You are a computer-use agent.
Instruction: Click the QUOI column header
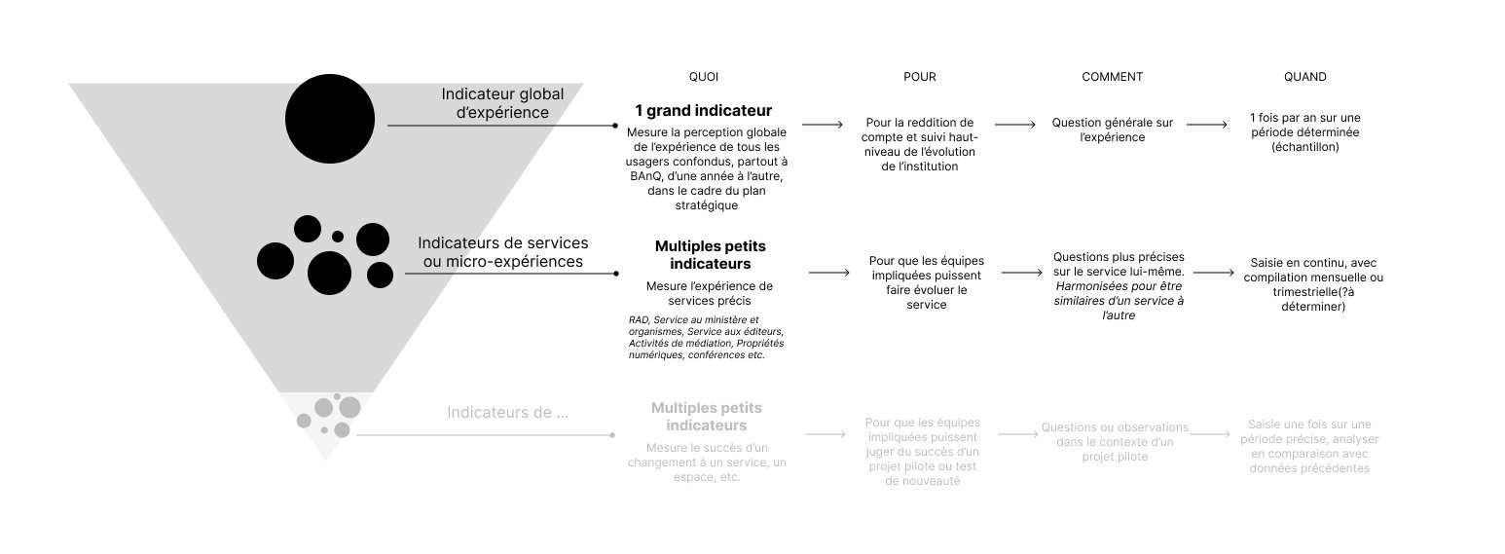[703, 77]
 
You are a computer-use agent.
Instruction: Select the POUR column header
[919, 77]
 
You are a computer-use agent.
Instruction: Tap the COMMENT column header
[1112, 77]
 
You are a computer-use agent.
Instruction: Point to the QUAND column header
[1304, 77]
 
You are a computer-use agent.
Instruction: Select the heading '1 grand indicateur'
[703, 111]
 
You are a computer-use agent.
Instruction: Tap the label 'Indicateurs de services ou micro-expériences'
[502, 252]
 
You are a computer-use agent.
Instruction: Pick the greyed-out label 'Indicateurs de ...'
[507, 412]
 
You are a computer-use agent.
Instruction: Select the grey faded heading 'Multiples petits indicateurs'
[707, 417]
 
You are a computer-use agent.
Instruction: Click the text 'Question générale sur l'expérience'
[1112, 129]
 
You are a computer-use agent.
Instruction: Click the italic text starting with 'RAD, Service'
[706, 337]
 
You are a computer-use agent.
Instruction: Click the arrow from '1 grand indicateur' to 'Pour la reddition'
[823, 125]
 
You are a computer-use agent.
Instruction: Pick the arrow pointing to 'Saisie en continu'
[1214, 273]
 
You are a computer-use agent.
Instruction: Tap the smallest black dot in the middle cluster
[338, 237]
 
